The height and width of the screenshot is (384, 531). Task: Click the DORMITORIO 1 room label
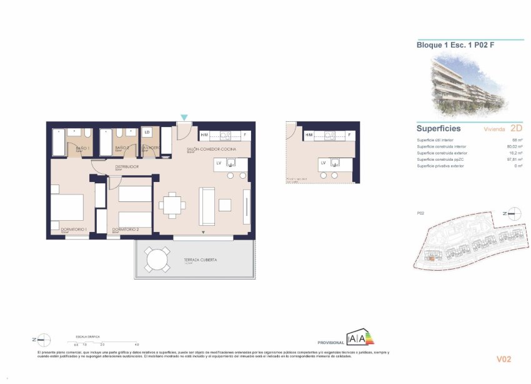(x=74, y=230)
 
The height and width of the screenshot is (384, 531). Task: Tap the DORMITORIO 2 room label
(x=125, y=230)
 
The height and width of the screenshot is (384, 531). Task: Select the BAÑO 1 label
(x=83, y=148)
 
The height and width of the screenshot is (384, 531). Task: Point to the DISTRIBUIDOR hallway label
(x=126, y=167)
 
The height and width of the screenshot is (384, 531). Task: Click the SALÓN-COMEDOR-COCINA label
(x=211, y=150)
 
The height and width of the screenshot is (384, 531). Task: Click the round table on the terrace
(x=157, y=259)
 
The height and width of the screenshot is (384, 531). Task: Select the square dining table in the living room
(x=171, y=205)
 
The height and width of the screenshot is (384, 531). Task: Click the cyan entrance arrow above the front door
(x=184, y=118)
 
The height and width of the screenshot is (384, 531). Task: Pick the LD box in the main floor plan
(x=147, y=133)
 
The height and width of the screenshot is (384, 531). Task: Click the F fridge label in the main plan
(x=245, y=134)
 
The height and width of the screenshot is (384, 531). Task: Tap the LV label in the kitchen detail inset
(x=324, y=163)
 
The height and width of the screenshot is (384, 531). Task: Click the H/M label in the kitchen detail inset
(x=309, y=134)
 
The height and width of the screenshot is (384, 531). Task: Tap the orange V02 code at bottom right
(x=505, y=359)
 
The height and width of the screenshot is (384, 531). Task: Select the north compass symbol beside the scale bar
(x=43, y=340)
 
